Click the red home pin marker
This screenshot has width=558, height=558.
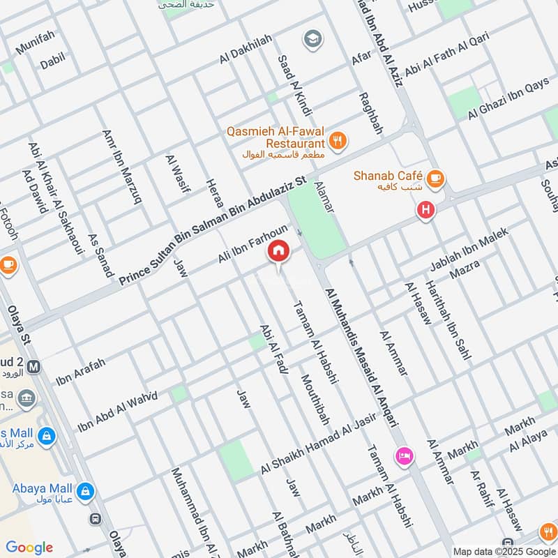point(278,252)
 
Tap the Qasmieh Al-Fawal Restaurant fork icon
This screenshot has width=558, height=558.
point(338,139)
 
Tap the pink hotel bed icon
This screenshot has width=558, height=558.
point(404,457)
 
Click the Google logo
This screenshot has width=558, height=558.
point(29,548)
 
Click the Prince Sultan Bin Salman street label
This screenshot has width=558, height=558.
point(212,231)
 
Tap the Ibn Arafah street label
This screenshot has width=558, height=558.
point(81,372)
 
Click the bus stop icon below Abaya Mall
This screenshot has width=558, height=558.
point(94,518)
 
